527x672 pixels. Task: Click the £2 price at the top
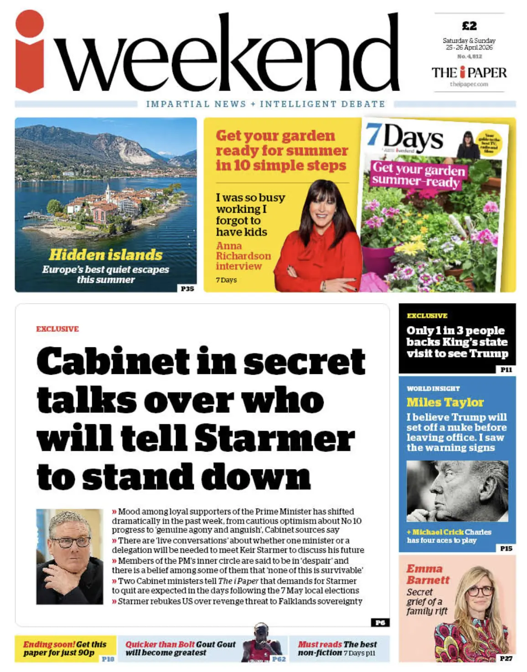[x=469, y=26]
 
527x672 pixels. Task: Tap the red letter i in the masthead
[x=30, y=52]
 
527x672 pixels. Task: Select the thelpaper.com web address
[x=469, y=84]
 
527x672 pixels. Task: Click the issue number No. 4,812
[x=469, y=56]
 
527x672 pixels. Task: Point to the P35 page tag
[x=187, y=288]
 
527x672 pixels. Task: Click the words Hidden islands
[x=106, y=255]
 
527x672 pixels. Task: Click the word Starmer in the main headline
[x=274, y=438]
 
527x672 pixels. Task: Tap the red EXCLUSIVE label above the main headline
[x=57, y=329]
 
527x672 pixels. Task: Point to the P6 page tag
[x=380, y=622]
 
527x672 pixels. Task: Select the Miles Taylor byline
[x=445, y=402]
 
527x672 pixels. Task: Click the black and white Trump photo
[x=457, y=490]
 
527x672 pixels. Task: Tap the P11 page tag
[x=506, y=369]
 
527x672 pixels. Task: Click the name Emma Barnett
[x=428, y=574]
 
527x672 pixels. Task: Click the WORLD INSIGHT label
[x=433, y=388]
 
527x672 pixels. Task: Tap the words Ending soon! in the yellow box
[x=49, y=644]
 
